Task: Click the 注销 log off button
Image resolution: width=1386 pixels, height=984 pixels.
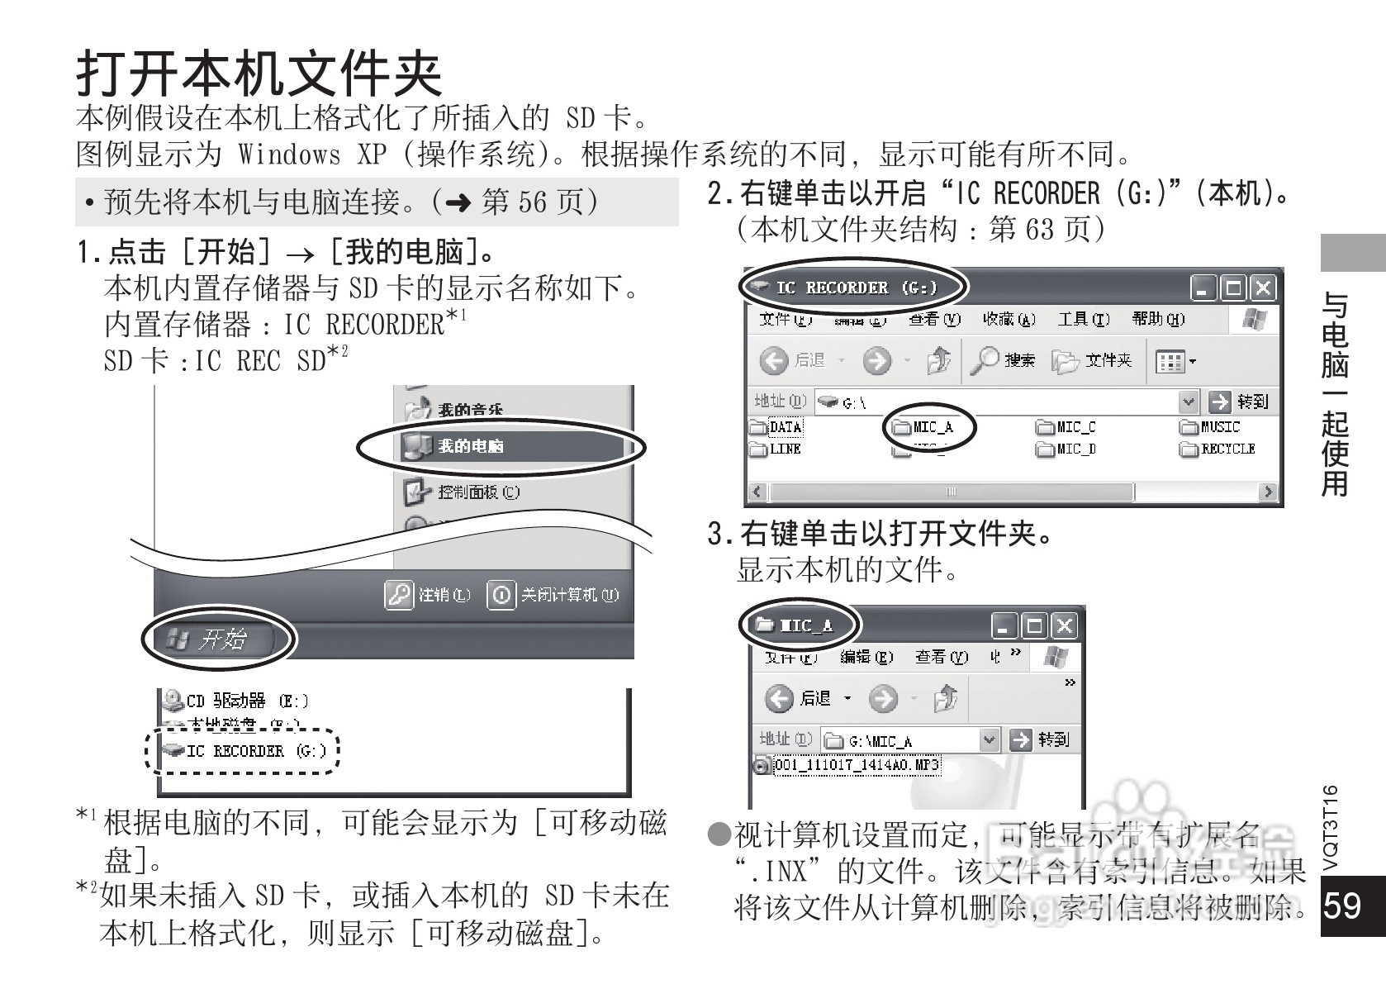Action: click(430, 595)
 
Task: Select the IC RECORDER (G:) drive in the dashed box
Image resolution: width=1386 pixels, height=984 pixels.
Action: click(244, 751)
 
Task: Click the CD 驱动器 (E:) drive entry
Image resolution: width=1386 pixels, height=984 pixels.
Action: click(235, 701)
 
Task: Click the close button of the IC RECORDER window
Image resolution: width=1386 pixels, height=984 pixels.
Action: click(1262, 288)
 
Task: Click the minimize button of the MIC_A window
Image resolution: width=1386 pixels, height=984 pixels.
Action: click(1004, 626)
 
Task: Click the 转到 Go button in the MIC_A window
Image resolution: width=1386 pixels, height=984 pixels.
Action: click(1042, 739)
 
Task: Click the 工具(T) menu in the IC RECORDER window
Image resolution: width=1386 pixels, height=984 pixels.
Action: click(1084, 319)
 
